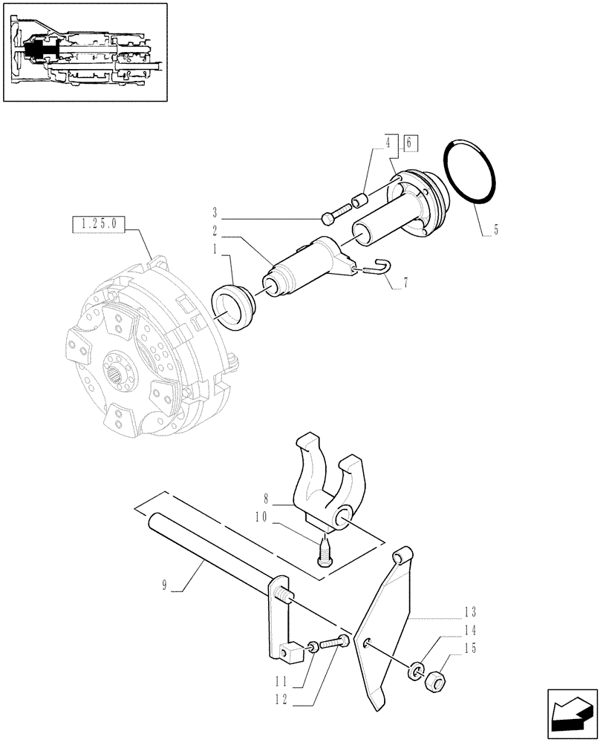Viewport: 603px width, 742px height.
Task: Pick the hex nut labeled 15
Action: click(436, 680)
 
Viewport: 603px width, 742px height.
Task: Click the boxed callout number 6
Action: click(412, 142)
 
